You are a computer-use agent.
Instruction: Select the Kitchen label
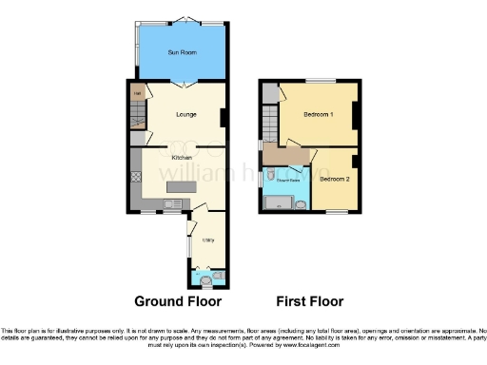click(x=182, y=157)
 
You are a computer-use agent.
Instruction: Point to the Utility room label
click(x=207, y=240)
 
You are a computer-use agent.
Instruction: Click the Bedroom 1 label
click(x=319, y=114)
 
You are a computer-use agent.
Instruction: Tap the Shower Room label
click(x=288, y=179)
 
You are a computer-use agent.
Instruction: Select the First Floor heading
click(x=309, y=302)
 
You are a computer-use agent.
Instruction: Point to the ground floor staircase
click(x=137, y=119)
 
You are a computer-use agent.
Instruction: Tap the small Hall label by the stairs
click(x=137, y=93)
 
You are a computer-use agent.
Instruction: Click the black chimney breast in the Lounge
click(x=224, y=118)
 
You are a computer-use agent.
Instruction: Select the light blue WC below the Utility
click(x=205, y=277)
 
